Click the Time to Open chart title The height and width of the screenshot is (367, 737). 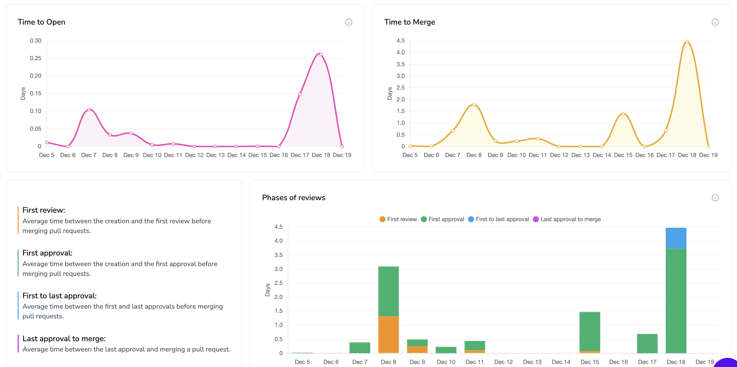[41, 22]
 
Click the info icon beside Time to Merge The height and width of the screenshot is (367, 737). [715, 22]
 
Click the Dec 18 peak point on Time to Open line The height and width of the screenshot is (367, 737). [321, 55]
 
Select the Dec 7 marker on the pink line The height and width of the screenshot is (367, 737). [89, 109]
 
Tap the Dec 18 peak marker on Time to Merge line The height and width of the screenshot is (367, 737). [687, 42]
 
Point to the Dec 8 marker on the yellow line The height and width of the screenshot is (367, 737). [474, 105]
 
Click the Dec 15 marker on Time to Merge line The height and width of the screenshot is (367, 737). [623, 114]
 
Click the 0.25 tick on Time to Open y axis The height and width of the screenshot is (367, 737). [36, 58]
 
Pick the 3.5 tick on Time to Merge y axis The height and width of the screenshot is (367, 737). [400, 64]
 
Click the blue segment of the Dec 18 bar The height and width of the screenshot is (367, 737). [676, 238]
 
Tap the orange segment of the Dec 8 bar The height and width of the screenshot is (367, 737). [388, 334]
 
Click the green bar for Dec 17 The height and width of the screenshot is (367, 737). [647, 343]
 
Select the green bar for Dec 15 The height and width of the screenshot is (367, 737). [590, 331]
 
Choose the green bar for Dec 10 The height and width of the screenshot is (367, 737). [446, 350]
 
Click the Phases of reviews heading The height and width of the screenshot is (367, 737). [293, 198]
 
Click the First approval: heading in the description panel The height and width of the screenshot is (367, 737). [47, 253]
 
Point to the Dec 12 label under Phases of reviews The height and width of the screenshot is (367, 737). [503, 362]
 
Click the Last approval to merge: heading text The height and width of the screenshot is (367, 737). [64, 339]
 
